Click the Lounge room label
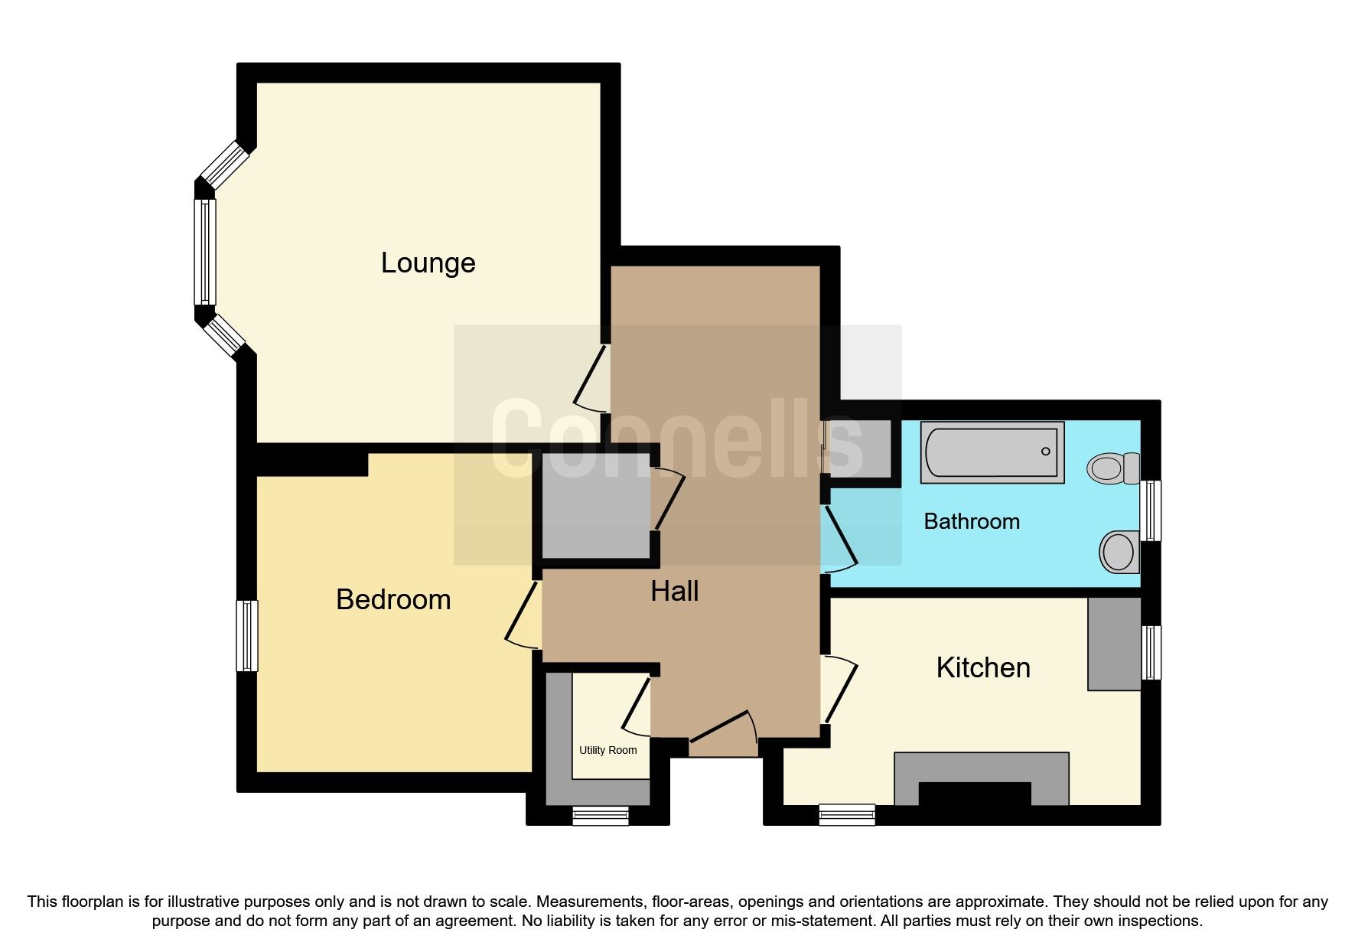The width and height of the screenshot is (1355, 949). (x=428, y=263)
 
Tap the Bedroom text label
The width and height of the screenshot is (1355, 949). (x=393, y=599)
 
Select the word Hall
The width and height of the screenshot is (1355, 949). (x=674, y=591)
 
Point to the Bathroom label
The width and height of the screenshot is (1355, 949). (x=971, y=521)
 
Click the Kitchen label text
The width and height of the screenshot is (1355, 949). (x=982, y=667)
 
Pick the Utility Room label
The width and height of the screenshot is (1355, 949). (x=607, y=750)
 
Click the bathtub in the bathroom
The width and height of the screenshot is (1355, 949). (x=992, y=452)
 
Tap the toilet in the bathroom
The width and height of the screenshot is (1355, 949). (x=1113, y=468)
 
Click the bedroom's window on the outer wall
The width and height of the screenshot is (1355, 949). (x=246, y=635)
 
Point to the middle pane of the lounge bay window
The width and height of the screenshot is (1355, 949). (x=205, y=252)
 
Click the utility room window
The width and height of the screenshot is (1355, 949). (x=601, y=816)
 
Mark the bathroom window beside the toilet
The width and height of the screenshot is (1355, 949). (x=1151, y=510)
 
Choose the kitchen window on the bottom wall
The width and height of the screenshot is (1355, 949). (x=846, y=814)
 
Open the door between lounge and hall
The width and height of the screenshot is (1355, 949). (x=591, y=377)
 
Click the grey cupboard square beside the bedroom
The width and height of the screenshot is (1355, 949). (x=595, y=506)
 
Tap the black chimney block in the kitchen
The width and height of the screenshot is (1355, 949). (x=974, y=794)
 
